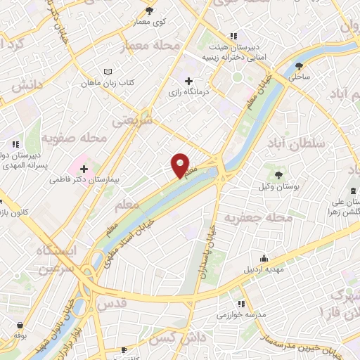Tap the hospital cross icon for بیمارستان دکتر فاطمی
(x=84, y=169)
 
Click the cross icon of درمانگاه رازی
(x=188, y=82)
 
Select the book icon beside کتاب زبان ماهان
(x=108, y=72)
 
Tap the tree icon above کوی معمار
(x=150, y=11)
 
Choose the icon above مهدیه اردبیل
(x=264, y=258)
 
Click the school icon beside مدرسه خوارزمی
(x=241, y=304)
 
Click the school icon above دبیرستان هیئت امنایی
(x=233, y=37)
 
